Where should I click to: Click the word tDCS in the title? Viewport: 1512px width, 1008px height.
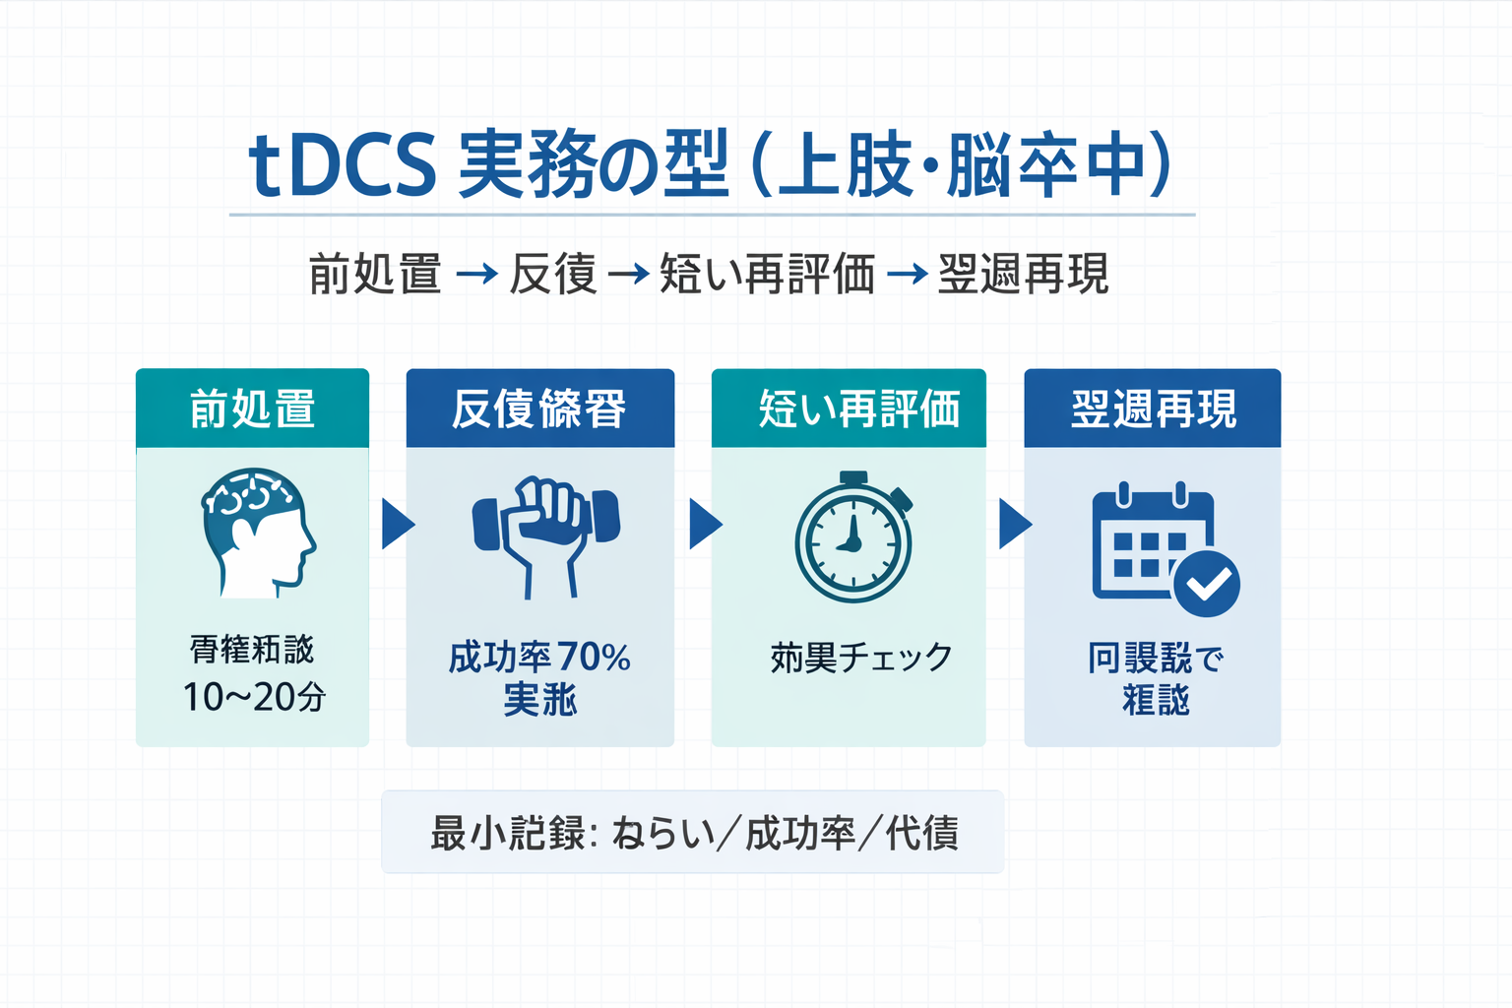(x=342, y=165)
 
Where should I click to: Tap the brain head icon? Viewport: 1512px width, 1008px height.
(x=258, y=534)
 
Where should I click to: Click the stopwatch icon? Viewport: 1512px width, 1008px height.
(x=852, y=539)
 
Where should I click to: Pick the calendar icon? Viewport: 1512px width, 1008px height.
(x=1152, y=543)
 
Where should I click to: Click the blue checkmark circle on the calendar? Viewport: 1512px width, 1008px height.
(x=1207, y=584)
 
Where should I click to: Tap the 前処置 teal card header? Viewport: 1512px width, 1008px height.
(x=252, y=409)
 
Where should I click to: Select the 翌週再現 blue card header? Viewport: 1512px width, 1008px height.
(x=1153, y=409)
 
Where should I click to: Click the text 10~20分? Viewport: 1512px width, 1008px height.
(x=254, y=697)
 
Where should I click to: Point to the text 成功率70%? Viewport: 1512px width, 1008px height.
(x=539, y=657)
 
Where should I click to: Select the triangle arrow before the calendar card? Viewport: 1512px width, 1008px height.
(x=1013, y=524)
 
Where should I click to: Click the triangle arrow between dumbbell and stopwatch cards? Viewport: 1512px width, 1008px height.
(x=704, y=524)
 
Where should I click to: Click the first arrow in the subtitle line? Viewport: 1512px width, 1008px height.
(x=477, y=274)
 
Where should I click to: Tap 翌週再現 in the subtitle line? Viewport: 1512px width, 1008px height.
(x=1023, y=274)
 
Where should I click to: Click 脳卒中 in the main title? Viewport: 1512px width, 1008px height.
(x=1049, y=165)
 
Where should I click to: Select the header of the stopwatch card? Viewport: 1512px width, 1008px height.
(x=849, y=409)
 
